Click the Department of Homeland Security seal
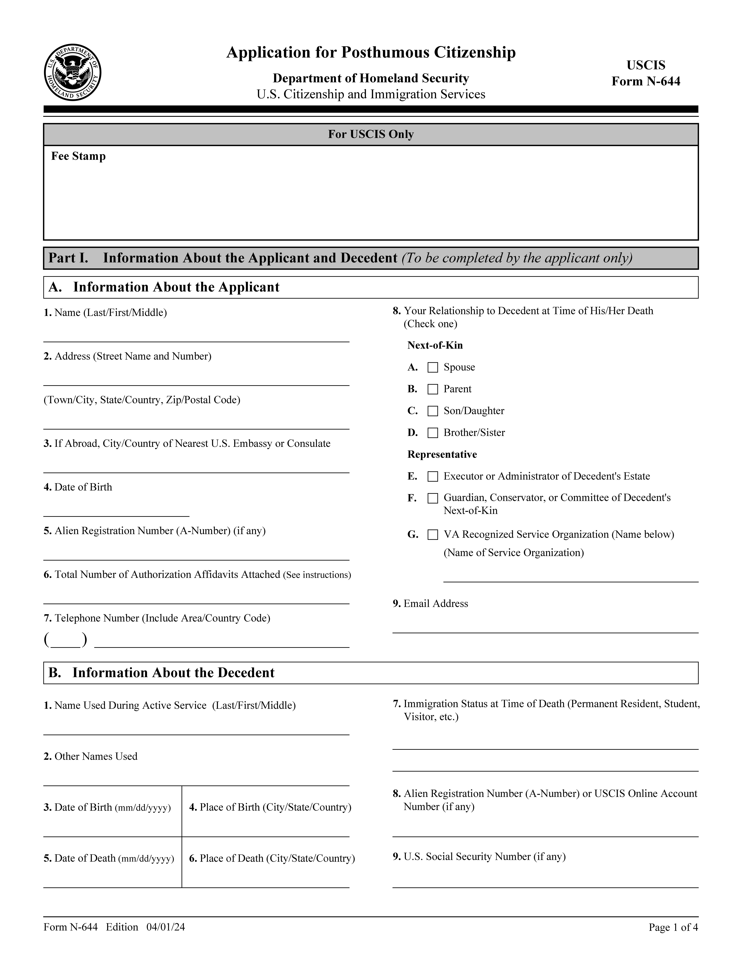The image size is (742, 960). point(73,73)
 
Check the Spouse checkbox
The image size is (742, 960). point(433,367)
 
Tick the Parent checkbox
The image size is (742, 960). point(433,389)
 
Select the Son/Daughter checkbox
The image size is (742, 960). point(433,411)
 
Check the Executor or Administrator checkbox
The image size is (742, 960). point(433,476)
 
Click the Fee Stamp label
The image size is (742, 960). point(78,156)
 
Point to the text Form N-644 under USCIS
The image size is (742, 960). point(646,81)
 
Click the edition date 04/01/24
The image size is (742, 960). point(166,927)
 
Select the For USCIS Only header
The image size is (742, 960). point(371,135)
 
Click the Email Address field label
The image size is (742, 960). point(435,604)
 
